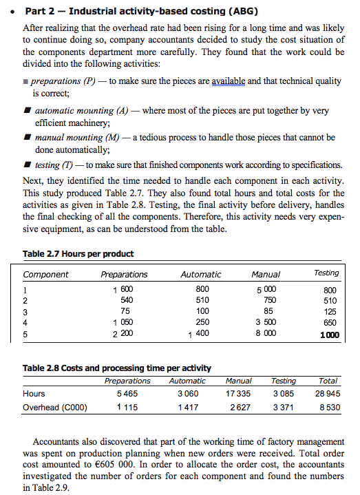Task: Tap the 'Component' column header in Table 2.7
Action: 46,274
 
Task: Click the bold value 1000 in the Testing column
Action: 328,335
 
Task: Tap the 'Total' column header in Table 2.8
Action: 328,380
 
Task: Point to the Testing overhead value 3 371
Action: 284,407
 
